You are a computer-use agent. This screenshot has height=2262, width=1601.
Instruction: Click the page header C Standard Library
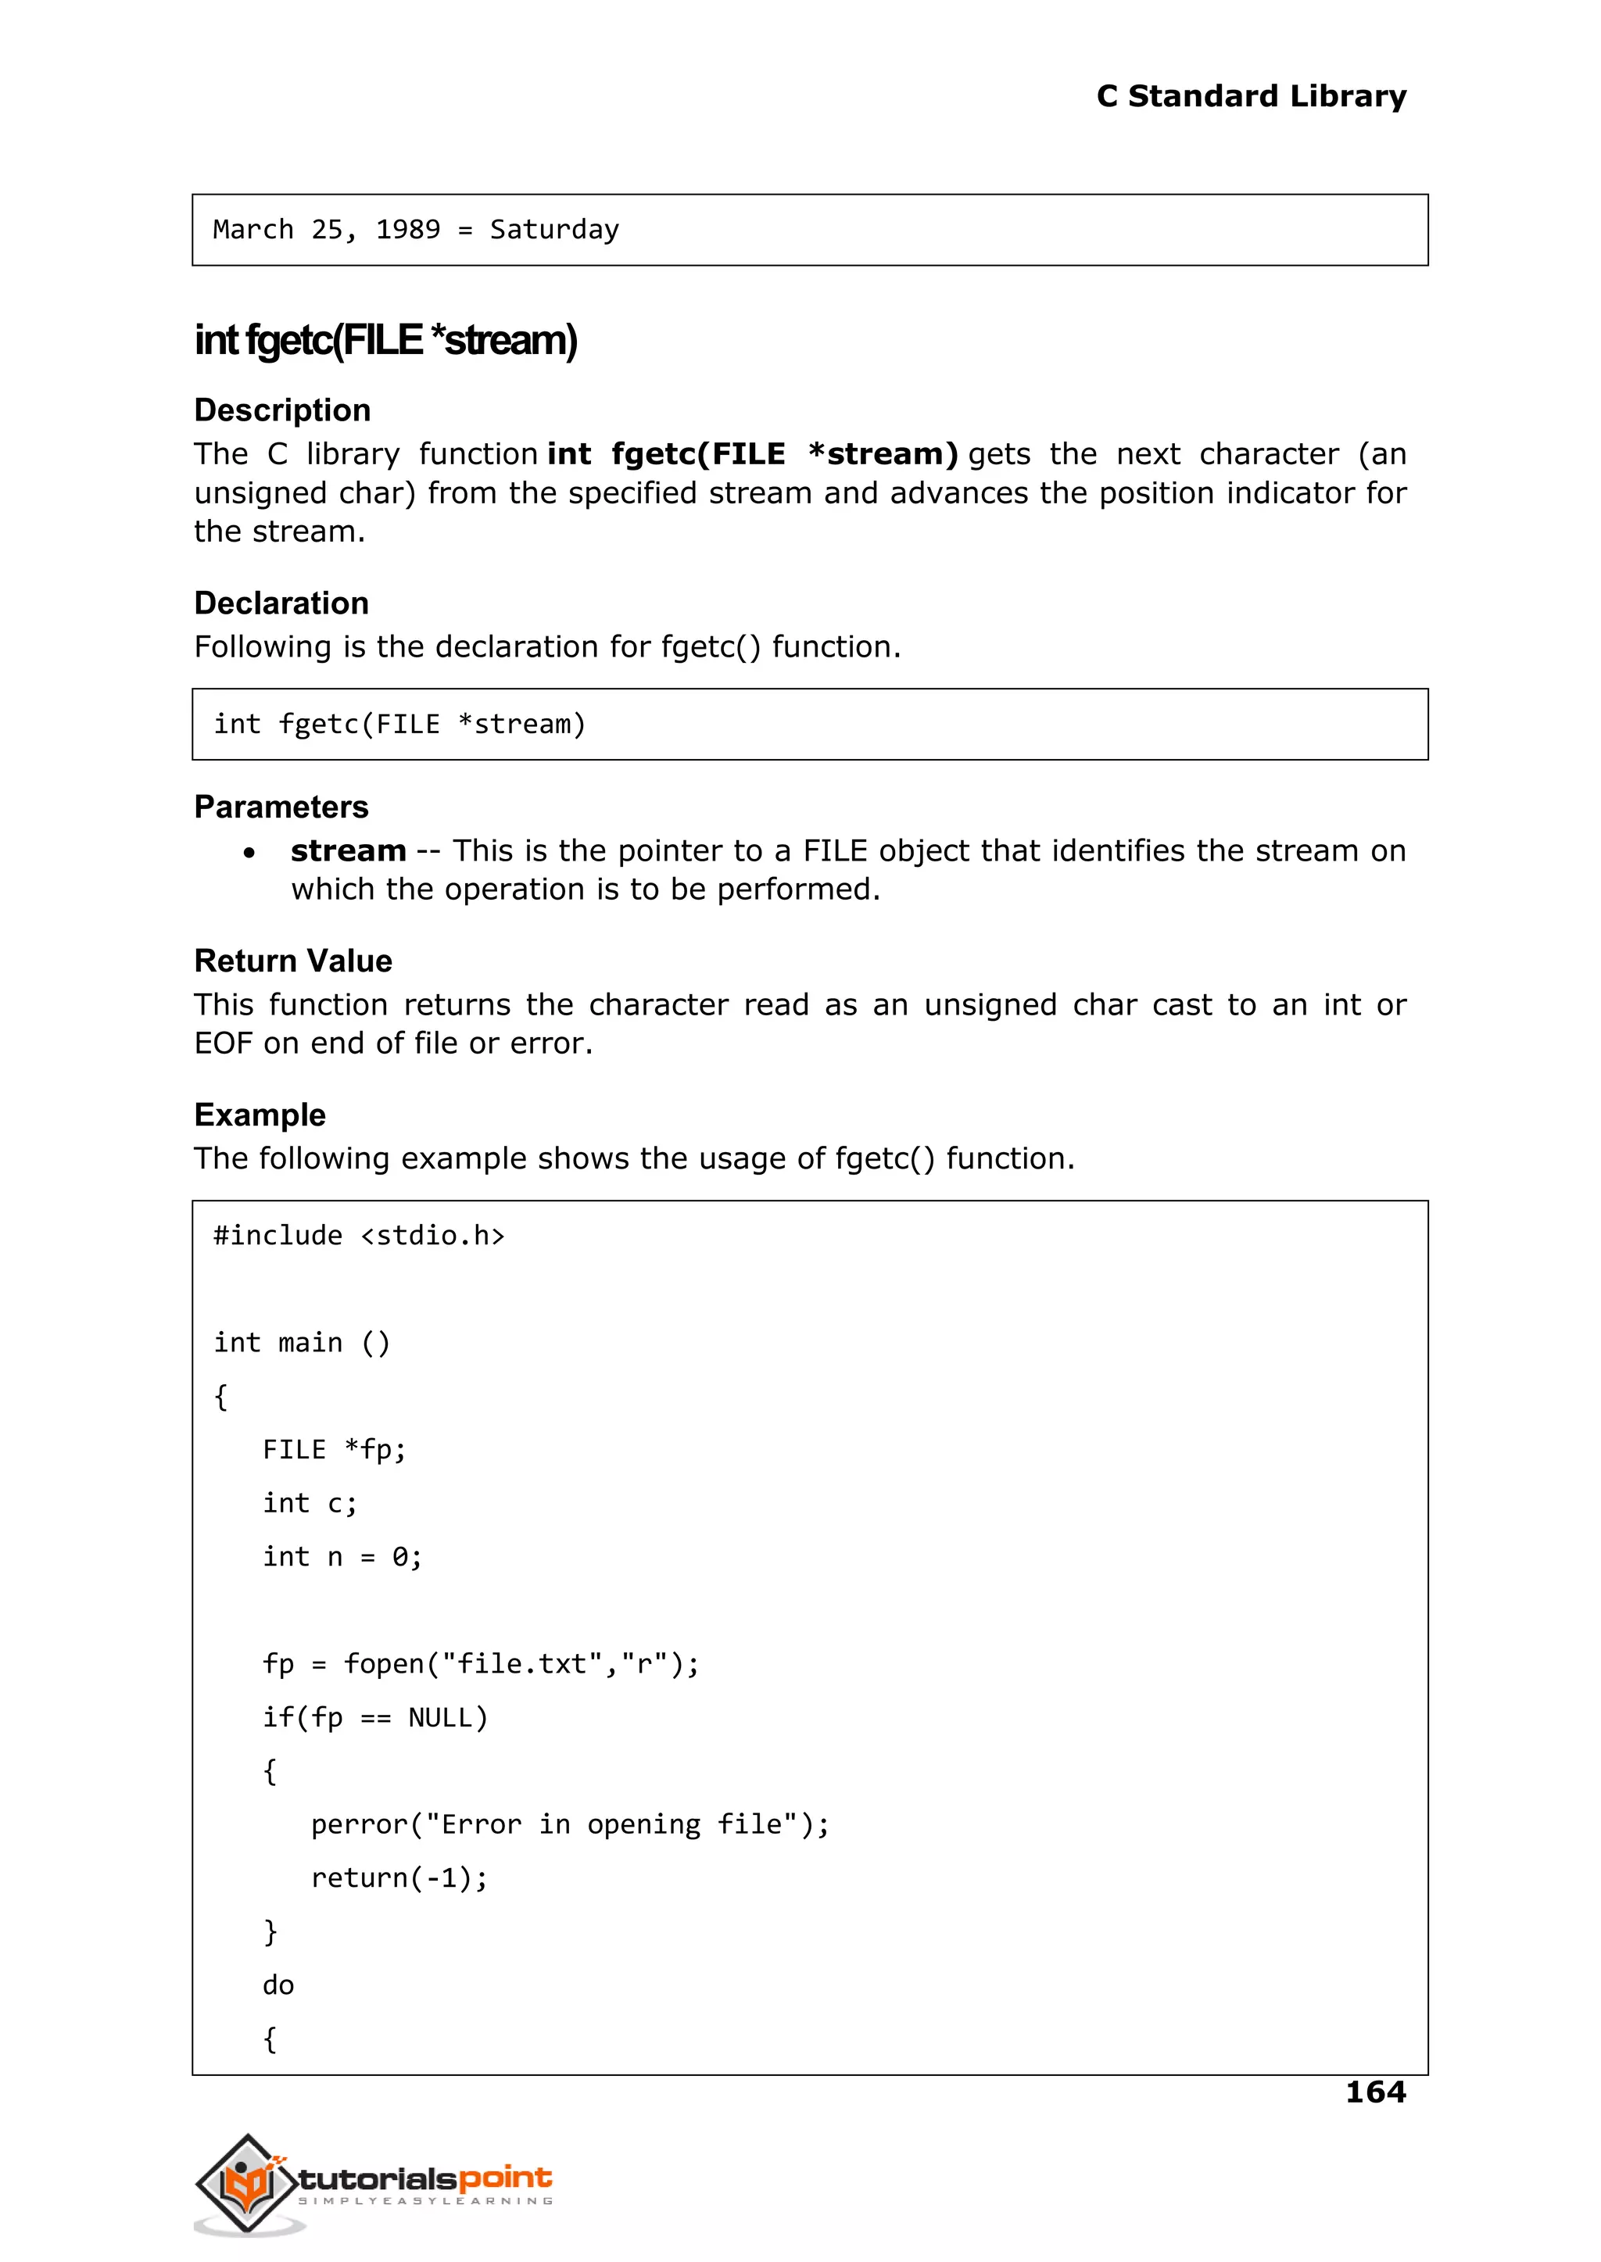[1250, 97]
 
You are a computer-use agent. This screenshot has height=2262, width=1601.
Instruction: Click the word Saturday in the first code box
[554, 230]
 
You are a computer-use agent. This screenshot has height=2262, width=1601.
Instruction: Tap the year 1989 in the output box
[407, 230]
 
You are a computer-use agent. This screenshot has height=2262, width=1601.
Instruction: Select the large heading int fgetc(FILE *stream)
[385, 341]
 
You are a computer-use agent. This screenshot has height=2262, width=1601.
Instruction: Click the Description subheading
[282, 410]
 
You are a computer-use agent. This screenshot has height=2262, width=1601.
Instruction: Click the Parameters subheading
[281, 807]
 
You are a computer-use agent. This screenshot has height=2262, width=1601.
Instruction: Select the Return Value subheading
[293, 961]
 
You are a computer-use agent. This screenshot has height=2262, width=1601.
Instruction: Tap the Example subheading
[260, 1115]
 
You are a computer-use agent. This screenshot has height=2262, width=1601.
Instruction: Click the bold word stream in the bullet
[348, 850]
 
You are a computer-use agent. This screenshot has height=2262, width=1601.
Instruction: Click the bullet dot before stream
[249, 853]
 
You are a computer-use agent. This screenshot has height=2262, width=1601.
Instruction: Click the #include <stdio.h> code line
[359, 1236]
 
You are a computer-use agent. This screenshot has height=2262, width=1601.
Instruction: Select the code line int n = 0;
[342, 1557]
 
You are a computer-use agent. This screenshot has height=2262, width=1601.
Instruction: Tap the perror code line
[570, 1824]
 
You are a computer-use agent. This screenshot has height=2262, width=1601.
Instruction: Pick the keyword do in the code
[278, 1985]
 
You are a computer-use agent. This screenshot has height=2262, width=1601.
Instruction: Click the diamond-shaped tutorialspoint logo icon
[246, 2182]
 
